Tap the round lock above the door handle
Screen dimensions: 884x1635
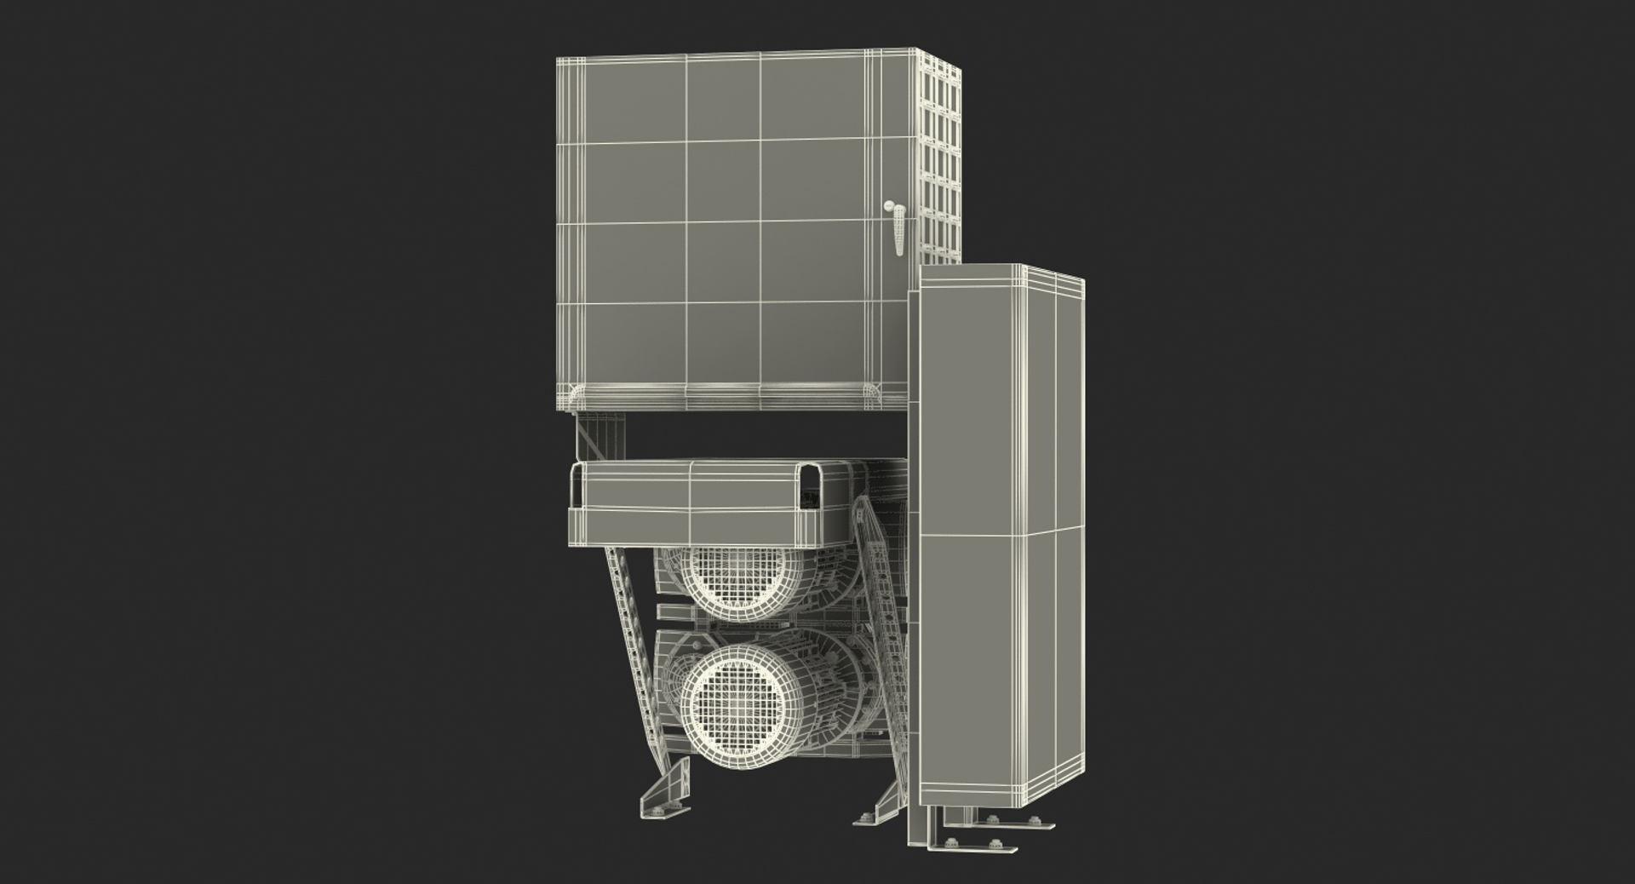coord(890,206)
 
